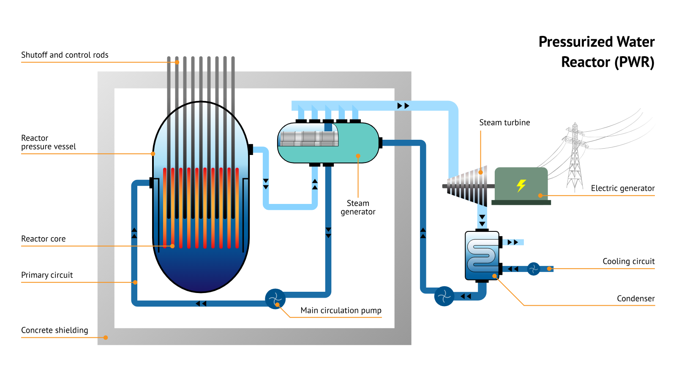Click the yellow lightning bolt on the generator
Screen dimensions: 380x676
coord(521,185)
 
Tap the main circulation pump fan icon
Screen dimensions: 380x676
coord(275,299)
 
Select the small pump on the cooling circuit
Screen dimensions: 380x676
coord(534,269)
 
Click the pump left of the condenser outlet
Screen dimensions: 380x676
coord(444,296)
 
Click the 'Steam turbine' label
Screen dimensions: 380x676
coord(504,122)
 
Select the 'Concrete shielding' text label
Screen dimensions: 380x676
coord(55,330)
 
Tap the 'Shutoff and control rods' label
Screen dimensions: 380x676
coord(65,55)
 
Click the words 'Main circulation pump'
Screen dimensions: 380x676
coord(341,310)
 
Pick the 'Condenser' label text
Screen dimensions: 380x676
coord(635,299)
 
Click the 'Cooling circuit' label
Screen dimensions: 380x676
coord(628,261)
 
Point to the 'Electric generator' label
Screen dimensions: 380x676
coord(622,188)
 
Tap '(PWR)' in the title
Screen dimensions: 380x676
coord(634,62)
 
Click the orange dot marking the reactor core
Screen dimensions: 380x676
coord(172,246)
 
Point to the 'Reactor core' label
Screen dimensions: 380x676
coord(44,239)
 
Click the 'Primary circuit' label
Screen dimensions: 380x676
coord(47,275)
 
